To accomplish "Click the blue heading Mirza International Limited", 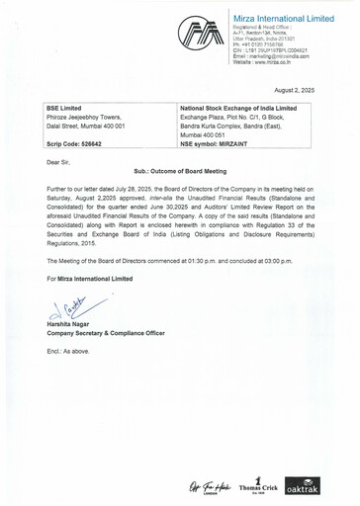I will click(x=282, y=20).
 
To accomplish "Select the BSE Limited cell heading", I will click(x=65, y=108).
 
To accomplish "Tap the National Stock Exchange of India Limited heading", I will click(x=238, y=108).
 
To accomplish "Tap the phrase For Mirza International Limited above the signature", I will click(x=90, y=279).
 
